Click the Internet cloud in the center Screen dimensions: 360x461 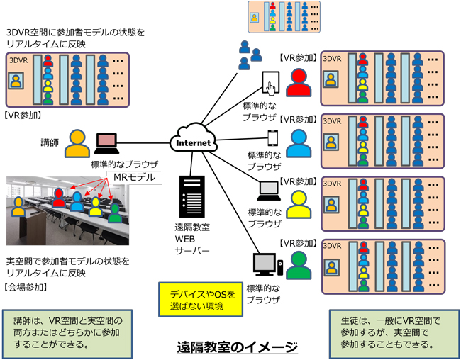pyautogui.click(x=191, y=140)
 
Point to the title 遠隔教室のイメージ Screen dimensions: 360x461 pyautogui.click(x=237, y=347)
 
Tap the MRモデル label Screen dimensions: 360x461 pyautogui.click(x=133, y=176)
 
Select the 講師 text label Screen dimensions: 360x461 pyautogui.click(x=49, y=142)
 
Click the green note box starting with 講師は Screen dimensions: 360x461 pyautogui.click(x=67, y=332)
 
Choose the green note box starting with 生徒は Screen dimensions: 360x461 pyautogui.click(x=391, y=332)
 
